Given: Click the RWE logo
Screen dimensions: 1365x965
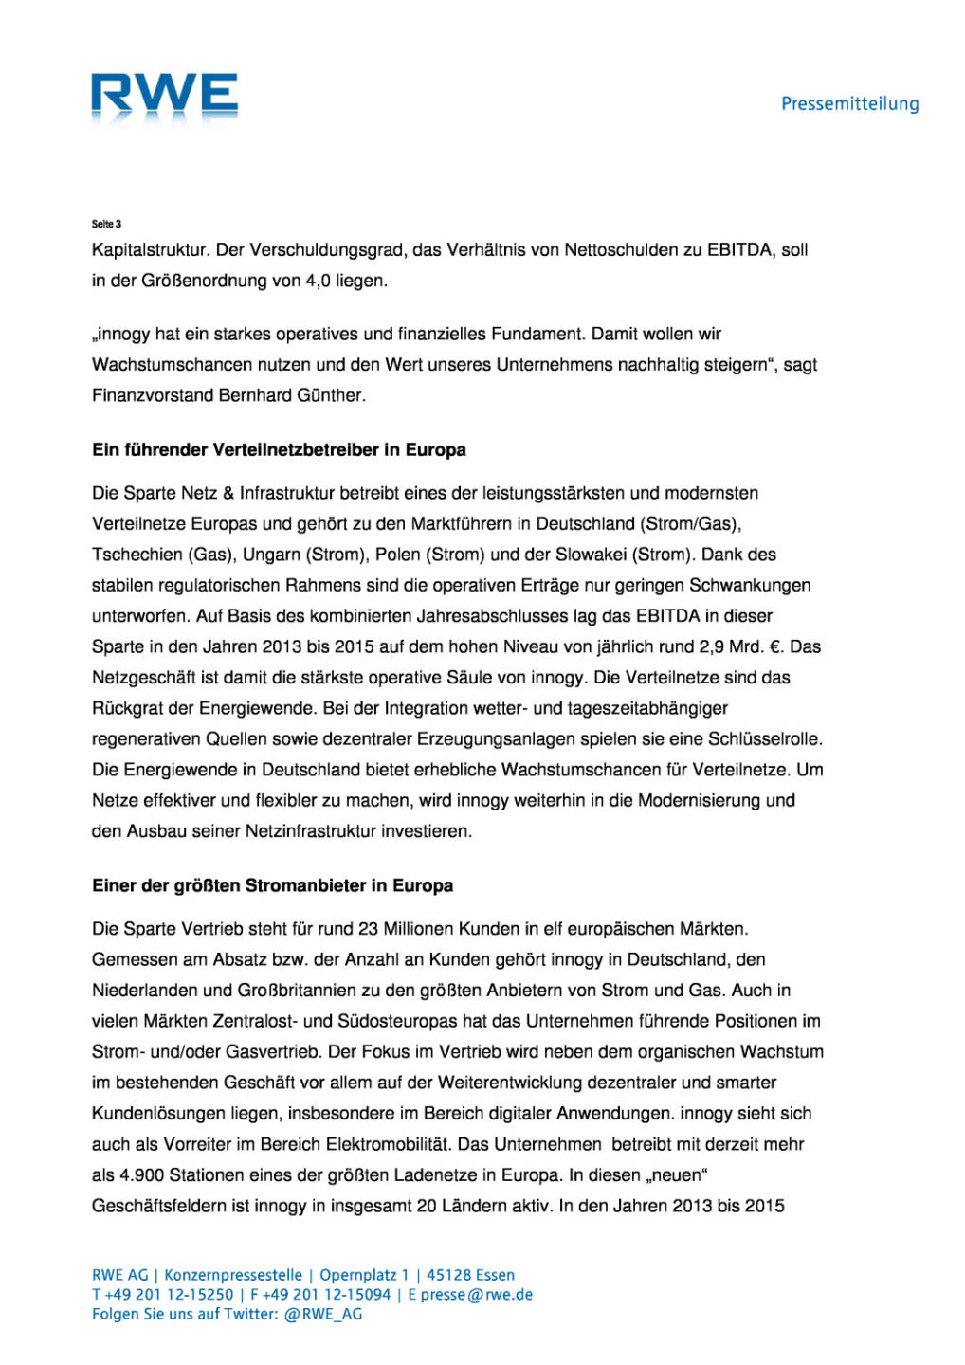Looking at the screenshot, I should [x=164, y=97].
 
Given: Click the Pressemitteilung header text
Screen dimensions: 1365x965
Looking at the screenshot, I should [x=849, y=104].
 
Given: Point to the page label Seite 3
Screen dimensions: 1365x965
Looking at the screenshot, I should [x=106, y=224].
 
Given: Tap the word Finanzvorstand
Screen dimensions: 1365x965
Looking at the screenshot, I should [x=153, y=395].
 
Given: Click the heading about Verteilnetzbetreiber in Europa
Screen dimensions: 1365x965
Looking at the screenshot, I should [x=279, y=449].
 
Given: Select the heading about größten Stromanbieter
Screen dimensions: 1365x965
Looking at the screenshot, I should [x=272, y=885].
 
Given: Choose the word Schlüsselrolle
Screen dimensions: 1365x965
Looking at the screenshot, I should [x=768, y=738].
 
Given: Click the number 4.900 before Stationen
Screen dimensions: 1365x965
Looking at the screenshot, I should [x=142, y=1175].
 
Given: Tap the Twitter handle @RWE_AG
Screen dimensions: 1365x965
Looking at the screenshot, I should [x=322, y=1314].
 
